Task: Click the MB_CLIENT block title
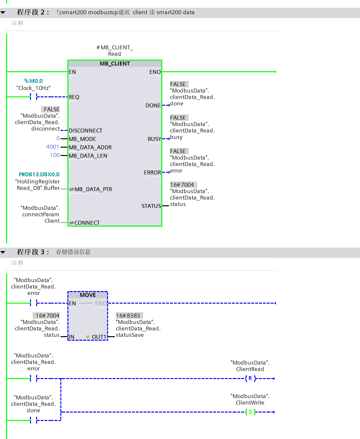click(115, 63)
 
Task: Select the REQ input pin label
click(74, 97)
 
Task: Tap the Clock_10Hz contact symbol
click(33, 97)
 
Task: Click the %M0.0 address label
click(33, 81)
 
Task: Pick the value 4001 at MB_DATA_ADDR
click(53, 147)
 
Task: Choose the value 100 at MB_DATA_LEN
click(55, 155)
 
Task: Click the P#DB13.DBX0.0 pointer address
click(39, 174)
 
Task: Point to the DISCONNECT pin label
click(85, 131)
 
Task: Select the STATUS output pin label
click(151, 206)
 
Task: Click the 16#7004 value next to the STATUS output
click(182, 185)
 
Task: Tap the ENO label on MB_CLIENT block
click(155, 72)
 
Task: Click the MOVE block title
click(88, 295)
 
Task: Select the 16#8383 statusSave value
click(128, 316)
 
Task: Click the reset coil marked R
click(250, 378)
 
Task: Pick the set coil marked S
click(250, 412)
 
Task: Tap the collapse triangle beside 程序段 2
click(3, 13)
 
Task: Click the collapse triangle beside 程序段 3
click(3, 252)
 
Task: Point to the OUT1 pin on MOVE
click(99, 337)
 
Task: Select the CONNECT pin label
click(87, 223)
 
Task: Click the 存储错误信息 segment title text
click(73, 252)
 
